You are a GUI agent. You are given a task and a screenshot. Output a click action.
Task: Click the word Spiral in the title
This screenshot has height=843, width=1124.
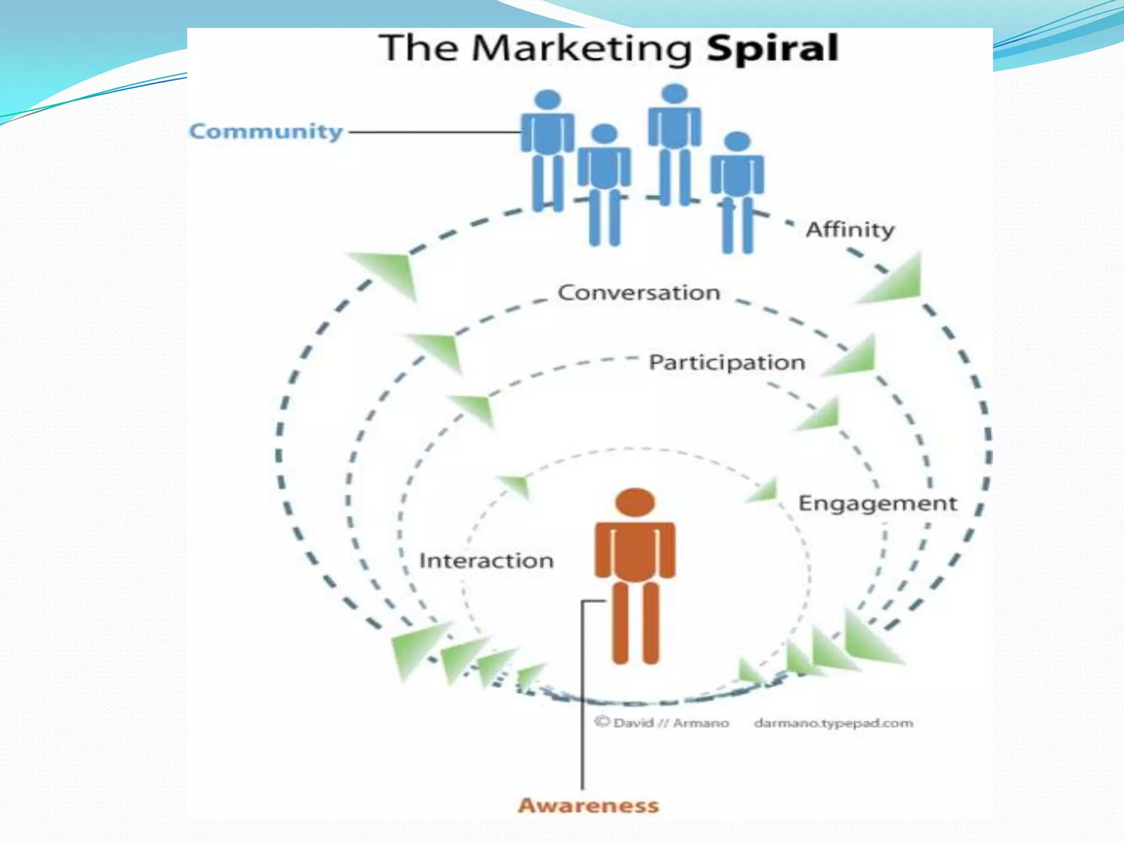tap(772, 49)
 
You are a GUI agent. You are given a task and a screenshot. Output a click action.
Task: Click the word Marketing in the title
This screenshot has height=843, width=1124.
tap(582, 49)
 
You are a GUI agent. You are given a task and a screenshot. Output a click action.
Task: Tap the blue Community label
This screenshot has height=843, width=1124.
tap(266, 132)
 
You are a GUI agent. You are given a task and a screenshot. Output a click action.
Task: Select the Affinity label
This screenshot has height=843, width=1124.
tap(850, 229)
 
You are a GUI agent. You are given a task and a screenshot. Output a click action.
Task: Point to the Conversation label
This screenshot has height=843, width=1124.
tap(639, 293)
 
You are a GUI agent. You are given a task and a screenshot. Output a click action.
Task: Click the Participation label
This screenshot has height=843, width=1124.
tap(727, 363)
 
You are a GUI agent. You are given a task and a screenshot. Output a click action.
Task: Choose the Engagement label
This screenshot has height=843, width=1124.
tap(877, 503)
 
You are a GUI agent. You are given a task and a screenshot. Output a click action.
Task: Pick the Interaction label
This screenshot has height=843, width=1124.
tap(486, 561)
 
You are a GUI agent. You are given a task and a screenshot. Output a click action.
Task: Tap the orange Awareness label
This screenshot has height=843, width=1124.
tap(588, 805)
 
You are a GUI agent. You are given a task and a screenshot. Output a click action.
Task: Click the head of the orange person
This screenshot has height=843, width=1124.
tap(635, 502)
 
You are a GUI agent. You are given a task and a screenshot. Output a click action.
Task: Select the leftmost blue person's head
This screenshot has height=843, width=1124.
tap(547, 100)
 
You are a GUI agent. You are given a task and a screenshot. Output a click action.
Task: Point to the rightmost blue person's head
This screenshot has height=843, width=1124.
tap(737, 141)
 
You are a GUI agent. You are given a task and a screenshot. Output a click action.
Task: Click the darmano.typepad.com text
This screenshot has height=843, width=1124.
tap(833, 723)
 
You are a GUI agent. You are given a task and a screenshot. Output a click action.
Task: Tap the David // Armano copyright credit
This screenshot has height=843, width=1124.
tap(662, 723)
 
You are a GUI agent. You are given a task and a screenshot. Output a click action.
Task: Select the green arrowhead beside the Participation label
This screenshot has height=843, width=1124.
tap(853, 358)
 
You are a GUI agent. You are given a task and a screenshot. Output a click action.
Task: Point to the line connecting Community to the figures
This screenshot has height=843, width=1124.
tap(434, 132)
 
